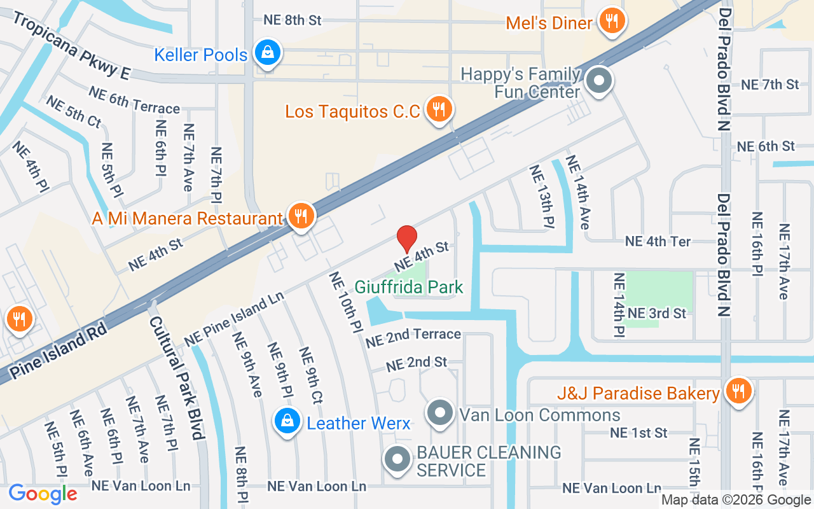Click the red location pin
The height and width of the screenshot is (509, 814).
(x=407, y=239)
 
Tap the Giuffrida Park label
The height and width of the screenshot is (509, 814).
(x=409, y=288)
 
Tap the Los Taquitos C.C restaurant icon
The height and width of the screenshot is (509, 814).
(x=438, y=111)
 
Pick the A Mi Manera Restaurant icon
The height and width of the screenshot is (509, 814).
(x=299, y=217)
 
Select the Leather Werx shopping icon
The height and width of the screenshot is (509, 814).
(x=287, y=422)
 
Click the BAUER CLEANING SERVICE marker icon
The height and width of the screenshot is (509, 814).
(x=398, y=460)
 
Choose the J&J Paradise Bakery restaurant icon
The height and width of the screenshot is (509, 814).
(x=738, y=392)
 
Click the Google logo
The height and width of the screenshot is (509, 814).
(x=43, y=494)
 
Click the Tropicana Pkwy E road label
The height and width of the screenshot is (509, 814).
(x=70, y=46)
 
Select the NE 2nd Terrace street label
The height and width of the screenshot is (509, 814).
(x=413, y=337)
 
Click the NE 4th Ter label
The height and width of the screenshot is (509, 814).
(x=658, y=242)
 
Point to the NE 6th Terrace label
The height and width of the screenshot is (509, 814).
(x=134, y=100)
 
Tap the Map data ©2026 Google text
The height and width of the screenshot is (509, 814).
(x=736, y=500)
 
